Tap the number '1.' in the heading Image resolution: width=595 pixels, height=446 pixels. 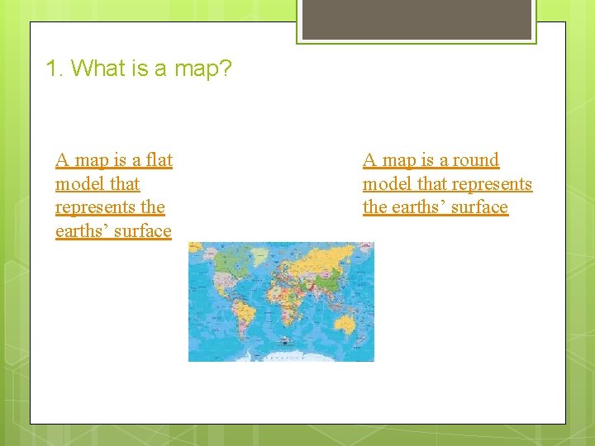(x=55, y=69)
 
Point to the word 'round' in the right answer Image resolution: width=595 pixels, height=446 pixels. (x=475, y=159)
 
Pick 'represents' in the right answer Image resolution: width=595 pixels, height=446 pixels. (x=492, y=183)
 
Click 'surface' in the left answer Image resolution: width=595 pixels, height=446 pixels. (x=144, y=231)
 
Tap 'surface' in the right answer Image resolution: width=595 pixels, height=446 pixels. (x=480, y=207)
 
